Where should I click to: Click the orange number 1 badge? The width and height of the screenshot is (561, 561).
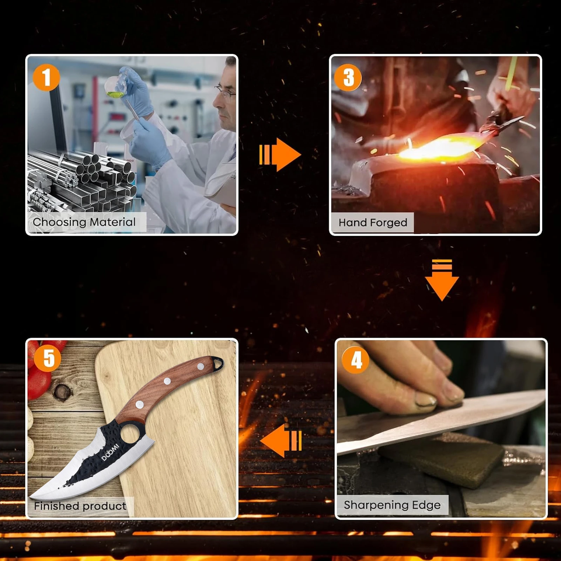[46, 77]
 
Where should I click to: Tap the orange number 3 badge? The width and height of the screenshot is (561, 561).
[348, 77]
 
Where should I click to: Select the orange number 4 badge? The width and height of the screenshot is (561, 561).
[356, 360]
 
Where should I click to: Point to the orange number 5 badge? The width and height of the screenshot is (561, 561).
[48, 358]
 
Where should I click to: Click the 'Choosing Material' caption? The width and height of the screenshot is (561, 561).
[84, 222]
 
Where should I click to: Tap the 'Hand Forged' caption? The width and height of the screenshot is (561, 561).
[373, 223]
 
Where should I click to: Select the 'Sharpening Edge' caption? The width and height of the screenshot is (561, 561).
[392, 505]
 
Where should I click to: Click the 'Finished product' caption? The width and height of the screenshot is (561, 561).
[80, 506]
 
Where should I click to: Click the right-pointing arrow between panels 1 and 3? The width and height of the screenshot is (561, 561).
[280, 155]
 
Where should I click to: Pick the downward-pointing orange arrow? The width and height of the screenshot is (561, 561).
[442, 280]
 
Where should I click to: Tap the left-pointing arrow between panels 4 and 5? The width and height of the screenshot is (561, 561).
[281, 441]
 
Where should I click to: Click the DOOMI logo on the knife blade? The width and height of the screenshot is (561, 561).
[110, 452]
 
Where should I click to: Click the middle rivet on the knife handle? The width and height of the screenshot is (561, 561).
[167, 381]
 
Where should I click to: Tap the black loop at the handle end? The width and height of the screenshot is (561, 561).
[218, 364]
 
